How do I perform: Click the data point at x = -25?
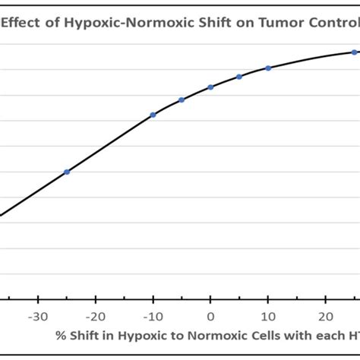click(67, 172)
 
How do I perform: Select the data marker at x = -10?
click(153, 115)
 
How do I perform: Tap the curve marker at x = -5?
click(182, 99)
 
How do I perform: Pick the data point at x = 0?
click(210, 87)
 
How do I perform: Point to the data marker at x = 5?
click(239, 77)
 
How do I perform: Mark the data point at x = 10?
click(268, 68)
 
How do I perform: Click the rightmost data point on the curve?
click(354, 52)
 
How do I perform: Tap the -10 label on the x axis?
click(152, 317)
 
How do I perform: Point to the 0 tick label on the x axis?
click(210, 317)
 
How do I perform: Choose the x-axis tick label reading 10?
click(268, 317)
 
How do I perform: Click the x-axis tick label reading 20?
click(325, 317)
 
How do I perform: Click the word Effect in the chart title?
click(22, 23)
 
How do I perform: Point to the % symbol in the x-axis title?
click(59, 335)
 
